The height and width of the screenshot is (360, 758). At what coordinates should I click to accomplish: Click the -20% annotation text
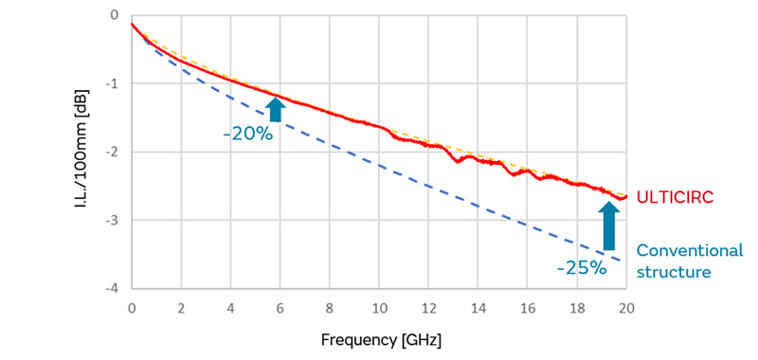pyautogui.click(x=248, y=135)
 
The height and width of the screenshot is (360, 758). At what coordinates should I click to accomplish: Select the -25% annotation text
pyautogui.click(x=581, y=268)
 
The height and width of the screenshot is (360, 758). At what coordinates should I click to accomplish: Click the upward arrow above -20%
pyautogui.click(x=275, y=109)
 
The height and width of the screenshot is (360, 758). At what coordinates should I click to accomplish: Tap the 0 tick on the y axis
pyautogui.click(x=114, y=16)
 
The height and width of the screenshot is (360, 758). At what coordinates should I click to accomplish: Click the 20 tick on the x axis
pyautogui.click(x=625, y=308)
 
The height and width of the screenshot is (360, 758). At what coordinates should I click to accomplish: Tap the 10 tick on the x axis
pyautogui.click(x=379, y=308)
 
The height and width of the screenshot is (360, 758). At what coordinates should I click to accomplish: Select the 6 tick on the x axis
pyautogui.click(x=280, y=308)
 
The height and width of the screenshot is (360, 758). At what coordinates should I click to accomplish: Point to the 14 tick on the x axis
pyautogui.click(x=478, y=308)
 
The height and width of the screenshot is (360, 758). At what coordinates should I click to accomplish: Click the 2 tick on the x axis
pyautogui.click(x=181, y=308)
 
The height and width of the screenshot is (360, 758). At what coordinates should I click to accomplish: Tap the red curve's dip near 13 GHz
pyautogui.click(x=458, y=161)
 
